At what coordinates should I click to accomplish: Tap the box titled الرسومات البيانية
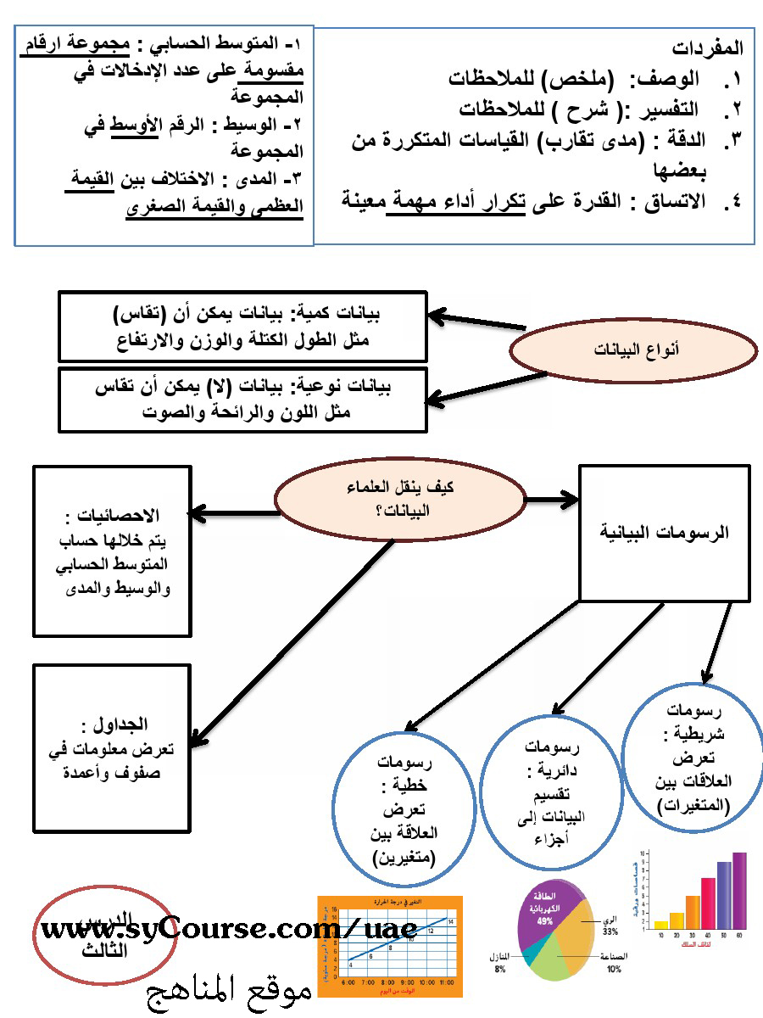(664, 534)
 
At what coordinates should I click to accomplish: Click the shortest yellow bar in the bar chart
(660, 924)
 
